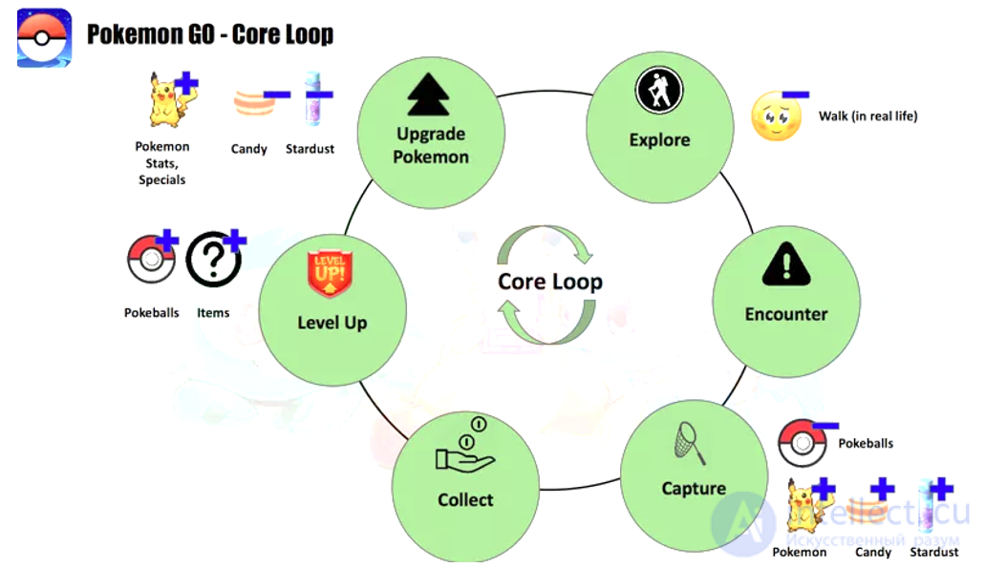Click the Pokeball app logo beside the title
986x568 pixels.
(x=44, y=37)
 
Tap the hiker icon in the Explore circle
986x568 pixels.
(x=659, y=90)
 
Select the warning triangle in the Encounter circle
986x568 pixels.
(x=786, y=263)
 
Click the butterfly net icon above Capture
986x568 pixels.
(x=690, y=443)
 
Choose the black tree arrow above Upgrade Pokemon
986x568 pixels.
(x=428, y=95)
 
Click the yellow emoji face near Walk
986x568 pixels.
(x=777, y=116)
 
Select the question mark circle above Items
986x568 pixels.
(x=214, y=260)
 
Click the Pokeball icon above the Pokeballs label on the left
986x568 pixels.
(x=151, y=259)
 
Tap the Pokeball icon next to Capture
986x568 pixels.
(x=803, y=443)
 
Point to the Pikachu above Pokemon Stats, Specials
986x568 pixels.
(x=168, y=100)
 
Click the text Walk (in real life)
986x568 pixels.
(x=868, y=116)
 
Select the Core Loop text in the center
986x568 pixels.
(x=550, y=282)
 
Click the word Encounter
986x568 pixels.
(x=786, y=314)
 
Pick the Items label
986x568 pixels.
(x=213, y=313)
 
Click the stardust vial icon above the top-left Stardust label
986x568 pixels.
(x=313, y=99)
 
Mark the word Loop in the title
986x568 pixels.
(x=308, y=34)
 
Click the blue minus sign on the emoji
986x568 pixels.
(x=796, y=95)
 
